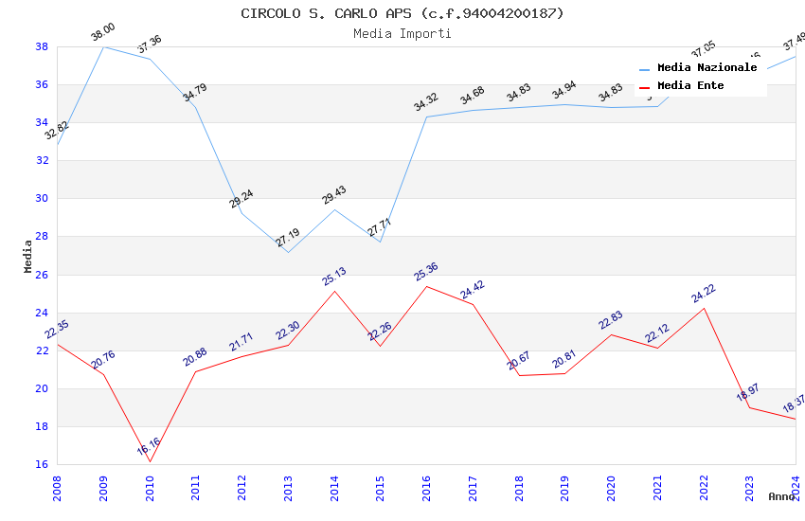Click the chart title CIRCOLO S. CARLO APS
tap(402, 13)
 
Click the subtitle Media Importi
tap(402, 33)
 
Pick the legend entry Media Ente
tap(690, 85)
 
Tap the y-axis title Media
tap(27, 256)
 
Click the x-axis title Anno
tap(781, 496)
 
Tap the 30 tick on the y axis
tap(43, 199)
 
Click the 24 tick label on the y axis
tap(43, 313)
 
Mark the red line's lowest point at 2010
tap(150, 461)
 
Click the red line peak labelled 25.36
tap(427, 286)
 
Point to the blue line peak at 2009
tap(103, 46)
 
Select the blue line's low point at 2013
tap(288, 252)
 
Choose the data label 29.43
tap(334, 195)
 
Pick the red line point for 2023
tap(750, 407)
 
